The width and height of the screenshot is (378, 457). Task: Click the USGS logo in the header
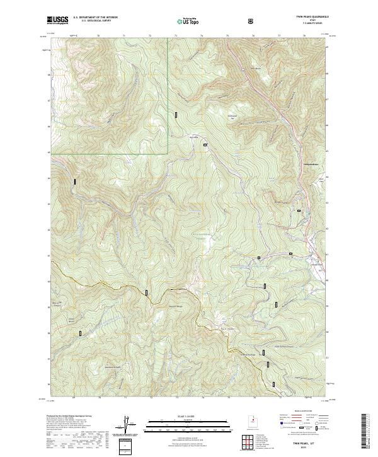(58, 20)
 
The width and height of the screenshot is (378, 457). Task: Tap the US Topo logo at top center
(186, 21)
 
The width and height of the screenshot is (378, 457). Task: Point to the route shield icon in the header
(252, 21)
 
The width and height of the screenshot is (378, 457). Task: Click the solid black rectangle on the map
(74, 182)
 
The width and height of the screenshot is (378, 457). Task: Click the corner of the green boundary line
(168, 153)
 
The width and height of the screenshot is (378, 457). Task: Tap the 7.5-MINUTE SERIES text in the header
(312, 24)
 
